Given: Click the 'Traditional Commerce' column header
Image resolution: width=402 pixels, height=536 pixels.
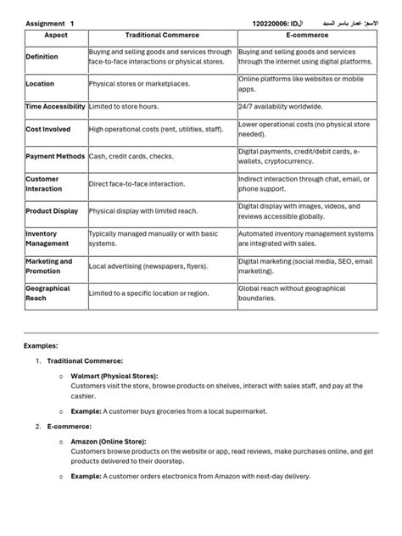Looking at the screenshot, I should pos(162,36).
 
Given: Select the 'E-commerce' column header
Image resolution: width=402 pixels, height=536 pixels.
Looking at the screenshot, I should pos(307,36).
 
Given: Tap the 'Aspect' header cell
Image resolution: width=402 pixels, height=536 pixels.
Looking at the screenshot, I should pos(56,36).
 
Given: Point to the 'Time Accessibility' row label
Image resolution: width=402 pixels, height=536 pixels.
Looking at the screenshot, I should pos(56,107).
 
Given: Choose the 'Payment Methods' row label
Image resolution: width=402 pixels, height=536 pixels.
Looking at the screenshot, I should pos(56,157).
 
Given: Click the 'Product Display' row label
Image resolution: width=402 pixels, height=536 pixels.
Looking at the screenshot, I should pos(53,211).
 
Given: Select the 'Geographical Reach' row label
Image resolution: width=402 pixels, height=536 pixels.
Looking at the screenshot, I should pos(48,293).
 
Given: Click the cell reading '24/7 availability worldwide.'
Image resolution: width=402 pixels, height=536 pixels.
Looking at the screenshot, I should pos(280,107).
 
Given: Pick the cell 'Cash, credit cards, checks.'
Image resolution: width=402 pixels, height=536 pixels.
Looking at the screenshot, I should pos(132,157).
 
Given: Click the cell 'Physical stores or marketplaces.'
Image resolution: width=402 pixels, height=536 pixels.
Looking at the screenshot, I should pos(139,85).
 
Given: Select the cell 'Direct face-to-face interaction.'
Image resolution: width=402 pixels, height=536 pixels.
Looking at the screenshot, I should pos(137,184).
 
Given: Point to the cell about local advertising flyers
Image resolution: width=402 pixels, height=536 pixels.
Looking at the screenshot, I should pos(148,266).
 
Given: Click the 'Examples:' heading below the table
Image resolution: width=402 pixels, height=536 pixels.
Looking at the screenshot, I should pos(41,346).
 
